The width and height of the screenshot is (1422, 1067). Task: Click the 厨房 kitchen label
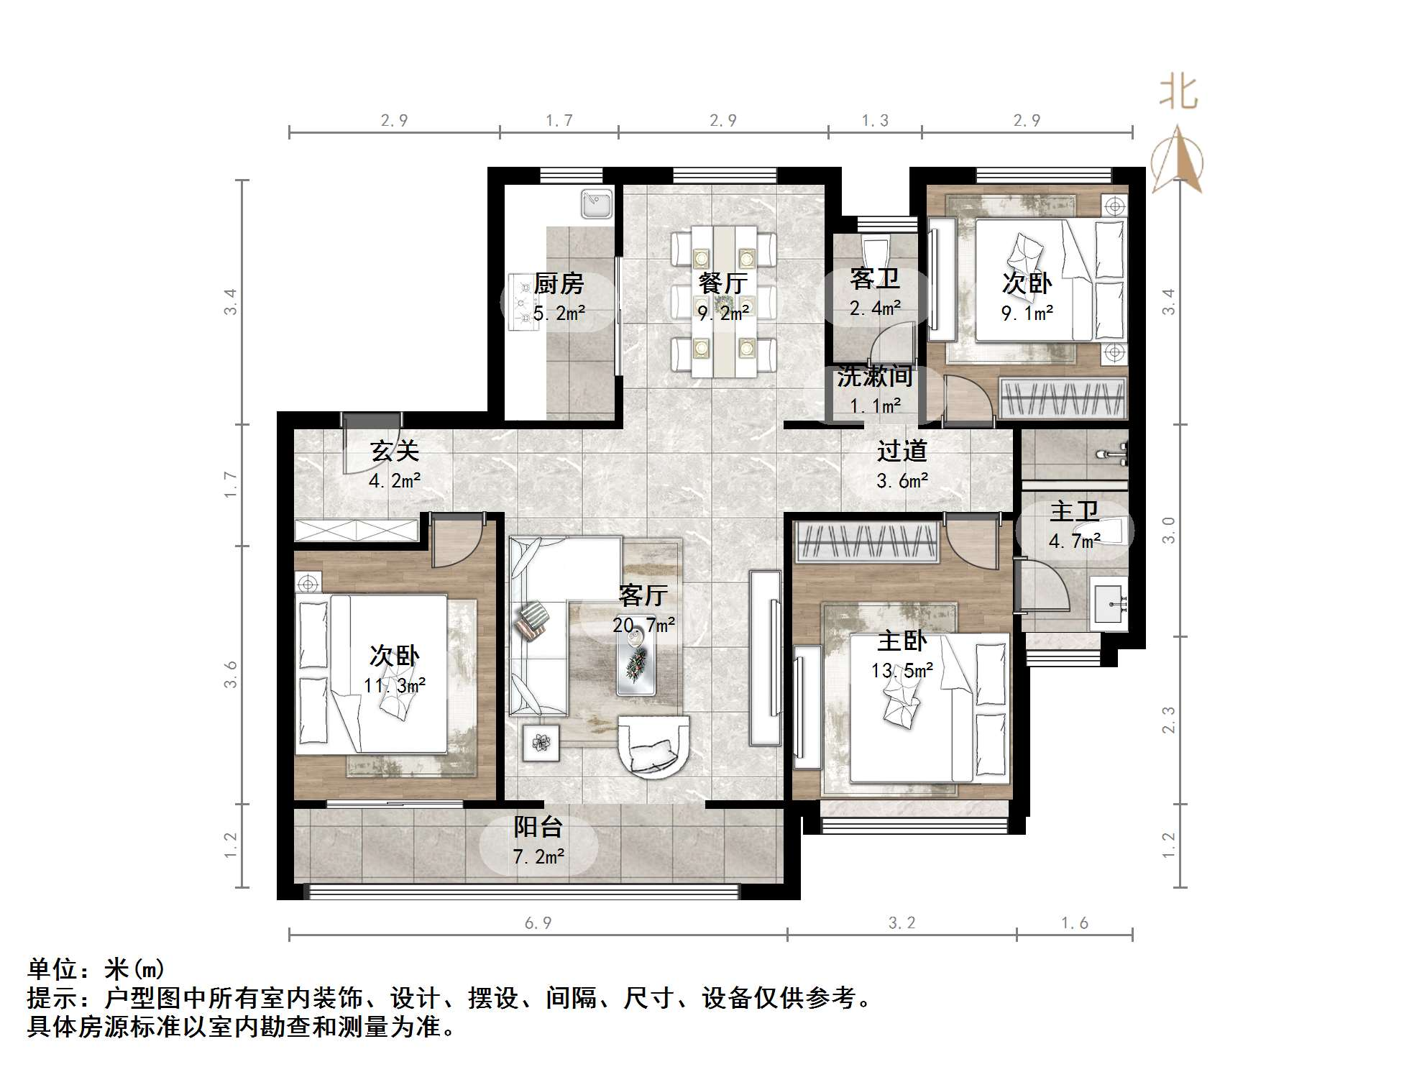[x=559, y=284]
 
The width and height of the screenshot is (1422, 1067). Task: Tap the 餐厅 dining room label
[x=723, y=284]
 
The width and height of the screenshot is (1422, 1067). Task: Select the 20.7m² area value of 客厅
[x=643, y=625]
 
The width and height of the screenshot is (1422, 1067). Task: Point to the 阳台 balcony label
[x=538, y=827]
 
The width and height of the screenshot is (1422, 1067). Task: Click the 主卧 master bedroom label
[x=902, y=641]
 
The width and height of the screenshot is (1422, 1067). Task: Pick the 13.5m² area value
[x=902, y=671]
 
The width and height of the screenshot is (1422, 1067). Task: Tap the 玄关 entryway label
[x=394, y=451]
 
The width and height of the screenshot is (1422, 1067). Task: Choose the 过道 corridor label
[x=902, y=451]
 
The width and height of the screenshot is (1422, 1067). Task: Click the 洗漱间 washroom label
[x=875, y=376]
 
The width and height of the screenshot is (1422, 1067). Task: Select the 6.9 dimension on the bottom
[x=538, y=922]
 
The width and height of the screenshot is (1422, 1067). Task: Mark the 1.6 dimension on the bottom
[x=1075, y=922]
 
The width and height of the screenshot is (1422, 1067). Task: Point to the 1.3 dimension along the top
[x=875, y=120]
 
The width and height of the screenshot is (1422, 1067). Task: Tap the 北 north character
[x=1178, y=93]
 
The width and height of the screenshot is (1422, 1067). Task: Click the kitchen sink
[x=597, y=203]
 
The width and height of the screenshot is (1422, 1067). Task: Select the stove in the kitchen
[x=523, y=302]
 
